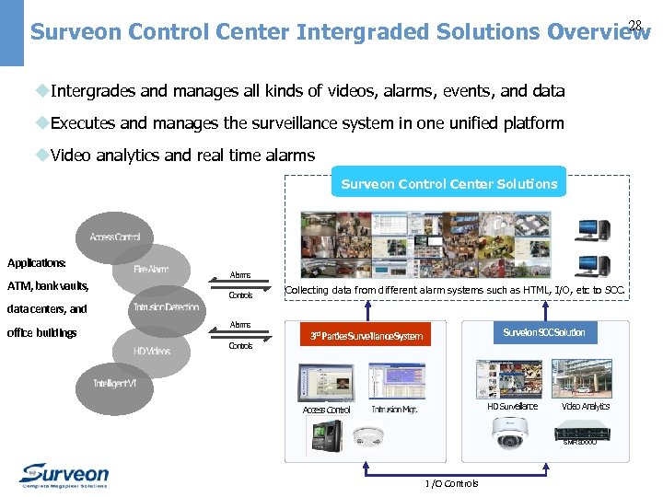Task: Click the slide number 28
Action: pyautogui.click(x=634, y=25)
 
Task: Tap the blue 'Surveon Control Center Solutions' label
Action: pyautogui.click(x=448, y=184)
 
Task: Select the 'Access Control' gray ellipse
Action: pyautogui.click(x=115, y=237)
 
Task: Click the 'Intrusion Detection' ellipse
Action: pyautogui.click(x=167, y=307)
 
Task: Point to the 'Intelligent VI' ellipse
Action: pyautogui.click(x=114, y=383)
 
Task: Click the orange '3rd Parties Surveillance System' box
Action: pyautogui.click(x=366, y=336)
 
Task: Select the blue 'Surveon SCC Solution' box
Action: pyautogui.click(x=543, y=332)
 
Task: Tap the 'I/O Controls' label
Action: pyautogui.click(x=451, y=483)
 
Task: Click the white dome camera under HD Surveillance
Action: pyautogui.click(x=508, y=432)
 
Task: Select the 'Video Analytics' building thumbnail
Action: pyautogui.click(x=586, y=378)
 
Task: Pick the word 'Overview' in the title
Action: pyautogui.click(x=599, y=32)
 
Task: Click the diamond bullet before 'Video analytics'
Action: pyautogui.click(x=41, y=155)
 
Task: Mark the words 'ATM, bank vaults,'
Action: pyautogui.click(x=48, y=285)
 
